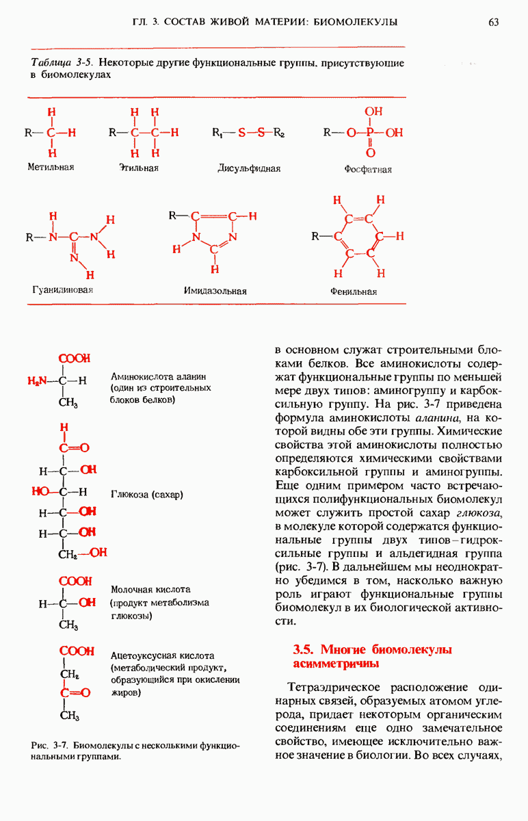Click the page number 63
494,23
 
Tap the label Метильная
51,166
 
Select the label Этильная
139,167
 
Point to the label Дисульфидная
249,168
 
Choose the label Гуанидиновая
62,289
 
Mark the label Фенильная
354,291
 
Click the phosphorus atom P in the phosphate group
370,133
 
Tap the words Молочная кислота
150,589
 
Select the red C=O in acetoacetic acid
75,692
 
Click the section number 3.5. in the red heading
304,649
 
